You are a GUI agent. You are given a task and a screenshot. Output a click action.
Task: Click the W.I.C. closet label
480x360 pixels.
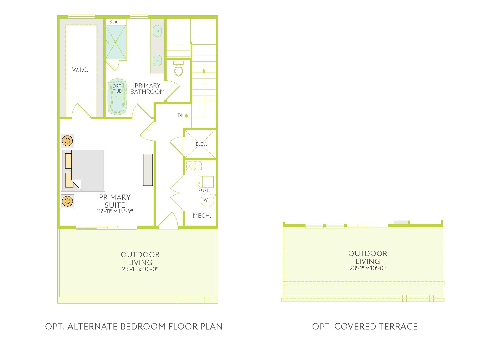tap(80, 69)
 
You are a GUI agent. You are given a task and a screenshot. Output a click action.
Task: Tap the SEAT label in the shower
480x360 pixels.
tap(115, 22)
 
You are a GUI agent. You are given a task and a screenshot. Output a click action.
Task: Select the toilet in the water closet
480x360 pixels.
tap(178, 68)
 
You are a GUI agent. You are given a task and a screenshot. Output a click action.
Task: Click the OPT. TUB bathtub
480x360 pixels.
tap(117, 97)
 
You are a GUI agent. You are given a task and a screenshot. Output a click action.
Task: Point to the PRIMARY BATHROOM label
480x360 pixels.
tap(147, 88)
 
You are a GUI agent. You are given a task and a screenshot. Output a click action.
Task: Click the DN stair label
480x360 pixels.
tap(181, 115)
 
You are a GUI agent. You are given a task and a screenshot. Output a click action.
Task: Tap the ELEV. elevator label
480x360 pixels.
tap(202, 144)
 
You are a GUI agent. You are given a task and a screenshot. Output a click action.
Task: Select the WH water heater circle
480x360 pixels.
tap(208, 200)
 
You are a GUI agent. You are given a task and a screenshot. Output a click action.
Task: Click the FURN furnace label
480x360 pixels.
tap(204, 190)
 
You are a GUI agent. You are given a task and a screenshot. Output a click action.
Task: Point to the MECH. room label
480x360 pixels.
tap(202, 216)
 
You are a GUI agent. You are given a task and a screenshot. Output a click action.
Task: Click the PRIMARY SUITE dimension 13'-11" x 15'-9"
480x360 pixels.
tap(115, 211)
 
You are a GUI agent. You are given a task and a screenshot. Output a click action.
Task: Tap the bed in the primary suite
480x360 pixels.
tap(83, 171)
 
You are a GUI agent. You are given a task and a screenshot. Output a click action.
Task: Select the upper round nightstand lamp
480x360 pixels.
tap(67, 140)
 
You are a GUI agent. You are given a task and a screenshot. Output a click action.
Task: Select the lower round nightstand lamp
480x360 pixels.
tap(67, 201)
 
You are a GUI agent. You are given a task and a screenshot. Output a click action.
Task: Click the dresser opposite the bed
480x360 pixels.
tap(148, 170)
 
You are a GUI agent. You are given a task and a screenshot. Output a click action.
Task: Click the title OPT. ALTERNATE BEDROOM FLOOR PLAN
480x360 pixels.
tap(134, 326)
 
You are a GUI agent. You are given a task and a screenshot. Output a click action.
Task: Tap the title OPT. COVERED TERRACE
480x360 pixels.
tap(365, 326)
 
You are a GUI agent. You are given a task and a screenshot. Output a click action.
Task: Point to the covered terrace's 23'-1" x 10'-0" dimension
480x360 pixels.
tap(368, 268)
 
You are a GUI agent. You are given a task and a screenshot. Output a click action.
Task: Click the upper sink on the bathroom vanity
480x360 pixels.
tap(157, 31)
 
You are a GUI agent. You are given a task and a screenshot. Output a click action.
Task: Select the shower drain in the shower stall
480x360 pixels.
tap(115, 42)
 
